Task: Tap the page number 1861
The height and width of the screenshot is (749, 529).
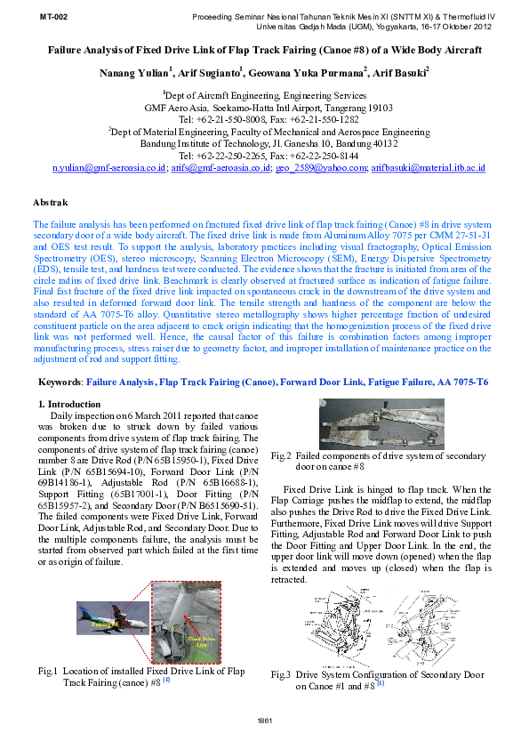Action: (264, 720)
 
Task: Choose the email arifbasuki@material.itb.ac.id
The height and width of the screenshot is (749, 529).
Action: (429, 167)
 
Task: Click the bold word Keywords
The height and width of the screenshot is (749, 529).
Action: (58, 382)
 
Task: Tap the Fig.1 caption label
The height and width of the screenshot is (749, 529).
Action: (47, 671)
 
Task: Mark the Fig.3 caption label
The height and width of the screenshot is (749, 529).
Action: (282, 675)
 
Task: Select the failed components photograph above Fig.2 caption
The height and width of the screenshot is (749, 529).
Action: (381, 424)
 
